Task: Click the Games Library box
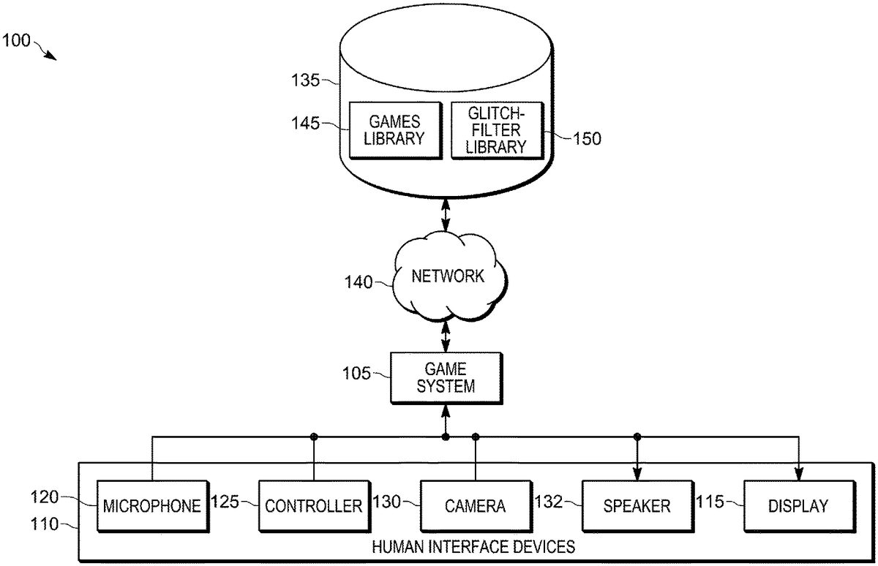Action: pyautogui.click(x=396, y=129)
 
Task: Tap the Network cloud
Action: pyautogui.click(x=448, y=276)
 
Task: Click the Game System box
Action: pyautogui.click(x=445, y=377)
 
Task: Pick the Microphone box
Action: pyautogui.click(x=151, y=505)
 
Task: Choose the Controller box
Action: pyautogui.click(x=313, y=505)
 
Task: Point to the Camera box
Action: pyautogui.click(x=474, y=505)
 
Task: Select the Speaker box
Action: pyautogui.click(x=637, y=505)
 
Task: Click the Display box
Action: pyautogui.click(x=798, y=505)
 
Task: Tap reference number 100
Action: pyautogui.click(x=16, y=40)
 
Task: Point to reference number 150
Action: pyautogui.click(x=586, y=139)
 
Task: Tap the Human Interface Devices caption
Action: pyautogui.click(x=473, y=546)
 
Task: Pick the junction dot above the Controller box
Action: pyautogui.click(x=313, y=437)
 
